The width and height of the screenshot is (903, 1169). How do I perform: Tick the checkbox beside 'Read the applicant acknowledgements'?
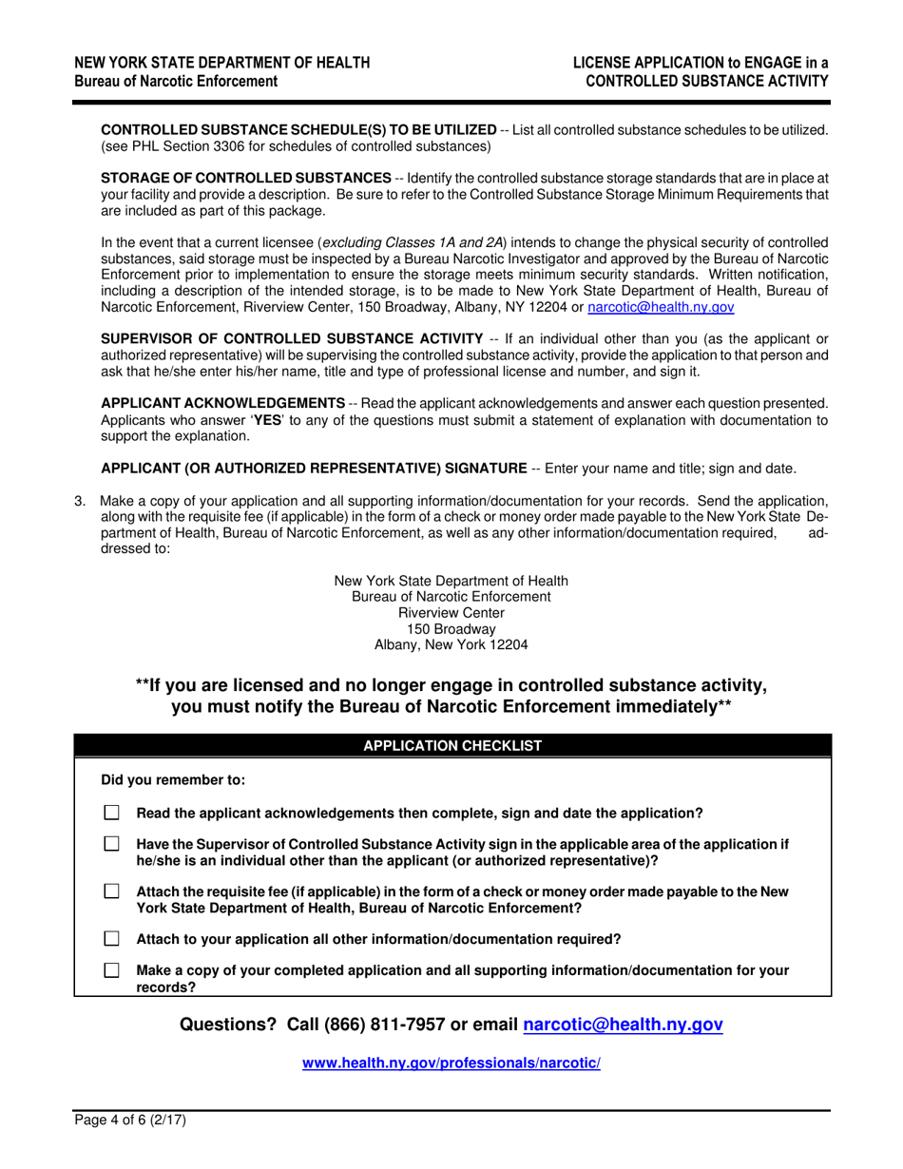click(112, 813)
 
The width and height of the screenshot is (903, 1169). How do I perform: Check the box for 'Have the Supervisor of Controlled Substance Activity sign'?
click(112, 844)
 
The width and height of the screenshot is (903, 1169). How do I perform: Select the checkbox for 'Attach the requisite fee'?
click(112, 891)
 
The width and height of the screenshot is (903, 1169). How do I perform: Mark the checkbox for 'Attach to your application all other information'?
click(112, 939)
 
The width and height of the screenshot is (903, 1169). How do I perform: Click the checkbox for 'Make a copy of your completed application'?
click(112, 970)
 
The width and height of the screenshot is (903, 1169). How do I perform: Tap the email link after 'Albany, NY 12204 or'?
click(661, 307)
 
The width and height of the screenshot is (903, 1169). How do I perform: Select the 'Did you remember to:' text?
click(173, 780)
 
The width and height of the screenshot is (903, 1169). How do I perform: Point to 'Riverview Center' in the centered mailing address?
click(451, 613)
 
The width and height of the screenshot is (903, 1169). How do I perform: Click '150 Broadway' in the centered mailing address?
click(451, 628)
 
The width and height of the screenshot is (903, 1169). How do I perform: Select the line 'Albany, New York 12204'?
click(451, 643)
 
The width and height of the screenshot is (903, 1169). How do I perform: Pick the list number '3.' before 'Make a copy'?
click(81, 501)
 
